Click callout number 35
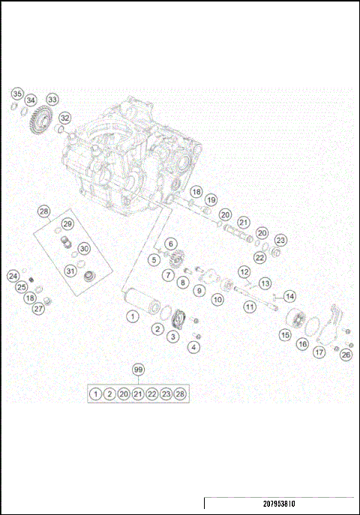pos(16,94)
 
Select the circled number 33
pos(52,99)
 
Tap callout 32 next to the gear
pos(65,118)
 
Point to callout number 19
pos(211,200)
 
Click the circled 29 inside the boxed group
pos(67,224)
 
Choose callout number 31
pos(70,271)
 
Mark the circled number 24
pos(13,276)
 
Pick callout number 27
pos(38,309)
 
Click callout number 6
pos(170,244)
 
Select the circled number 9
pos(199,289)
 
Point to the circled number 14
pos(289,296)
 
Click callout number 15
pos(285,335)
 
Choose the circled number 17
pos(319,351)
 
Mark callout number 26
pos(345,355)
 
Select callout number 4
pos(194,346)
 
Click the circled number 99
pos(138,370)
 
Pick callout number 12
pos(244,271)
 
